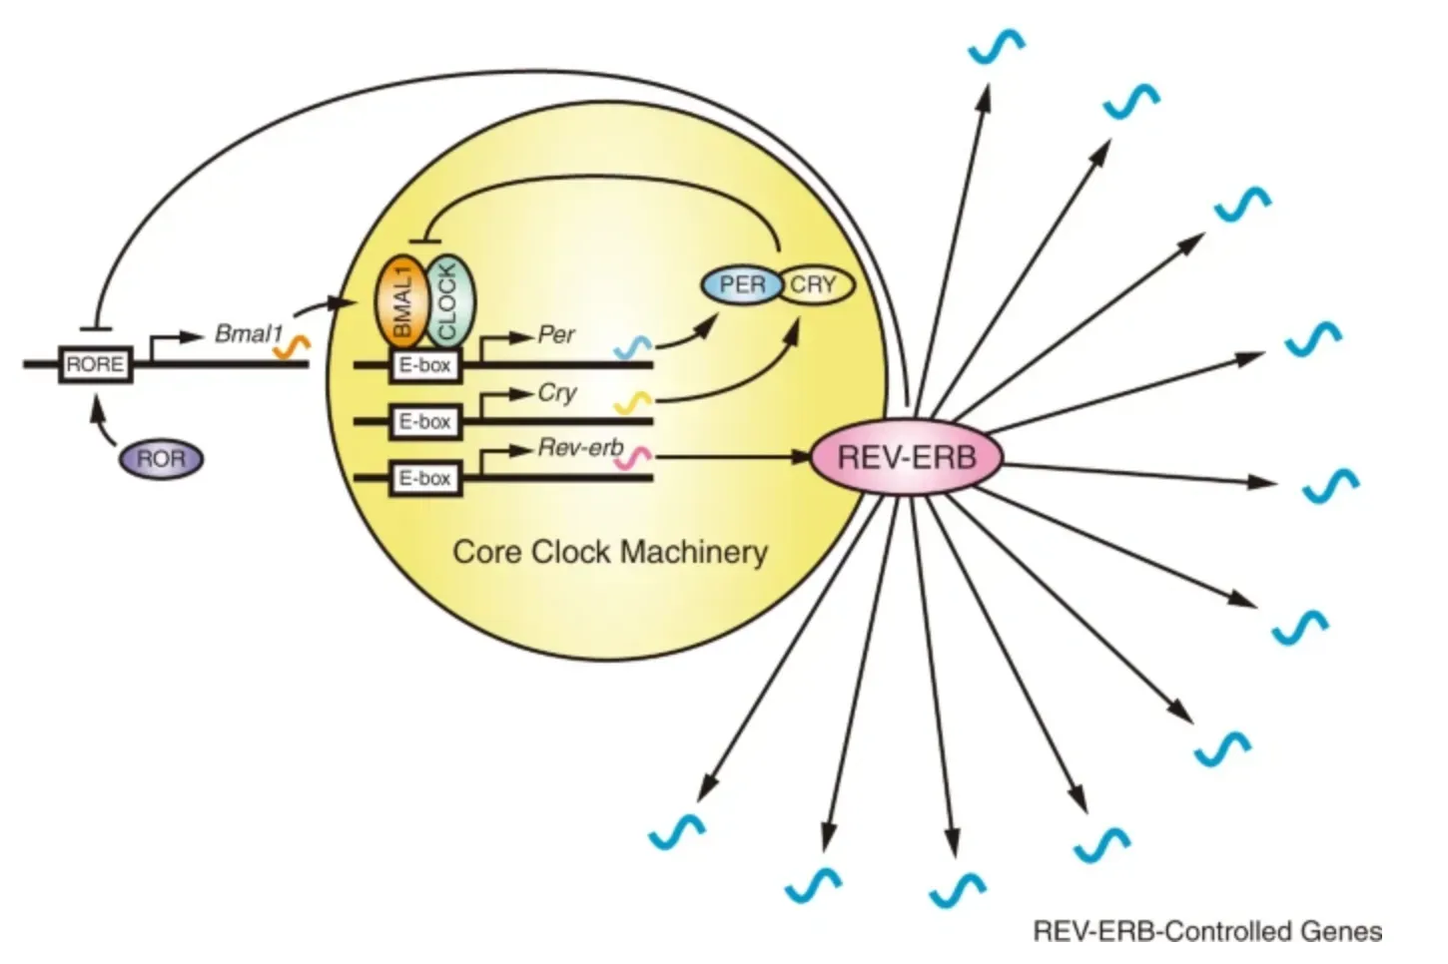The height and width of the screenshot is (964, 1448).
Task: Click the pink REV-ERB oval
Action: (x=906, y=458)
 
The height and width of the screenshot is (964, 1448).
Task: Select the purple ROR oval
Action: (x=161, y=459)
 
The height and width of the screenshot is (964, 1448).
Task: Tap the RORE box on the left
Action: (x=95, y=365)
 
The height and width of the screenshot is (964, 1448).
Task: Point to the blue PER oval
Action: (x=741, y=285)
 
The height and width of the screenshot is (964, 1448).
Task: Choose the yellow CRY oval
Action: (x=816, y=285)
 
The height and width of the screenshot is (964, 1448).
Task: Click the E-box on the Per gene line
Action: (x=424, y=366)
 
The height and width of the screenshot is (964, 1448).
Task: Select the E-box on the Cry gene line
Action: (x=424, y=422)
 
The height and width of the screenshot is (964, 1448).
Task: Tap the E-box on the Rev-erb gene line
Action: (x=424, y=479)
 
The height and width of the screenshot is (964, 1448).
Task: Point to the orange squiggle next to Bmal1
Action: (x=293, y=346)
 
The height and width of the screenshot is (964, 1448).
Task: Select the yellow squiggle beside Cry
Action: (x=633, y=402)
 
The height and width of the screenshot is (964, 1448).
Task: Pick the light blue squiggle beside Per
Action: (x=633, y=346)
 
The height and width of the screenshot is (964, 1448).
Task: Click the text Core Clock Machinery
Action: (x=610, y=552)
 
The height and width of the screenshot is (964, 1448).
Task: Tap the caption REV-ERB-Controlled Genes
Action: (x=1207, y=932)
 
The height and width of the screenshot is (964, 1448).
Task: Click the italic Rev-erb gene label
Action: (x=580, y=448)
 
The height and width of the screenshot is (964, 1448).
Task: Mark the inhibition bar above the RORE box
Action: (x=95, y=328)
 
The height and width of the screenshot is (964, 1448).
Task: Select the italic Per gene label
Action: (x=556, y=334)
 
